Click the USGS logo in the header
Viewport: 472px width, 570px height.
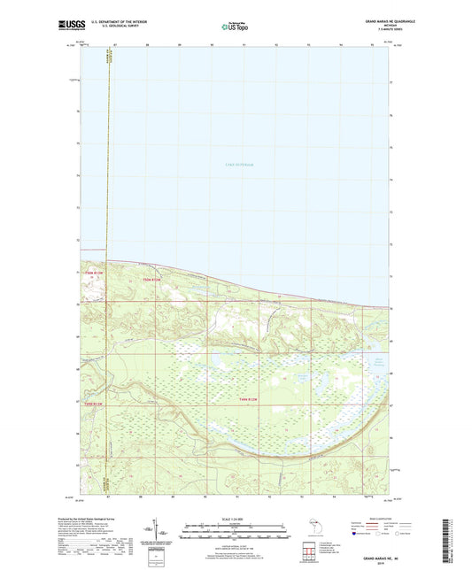click(x=67, y=25)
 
